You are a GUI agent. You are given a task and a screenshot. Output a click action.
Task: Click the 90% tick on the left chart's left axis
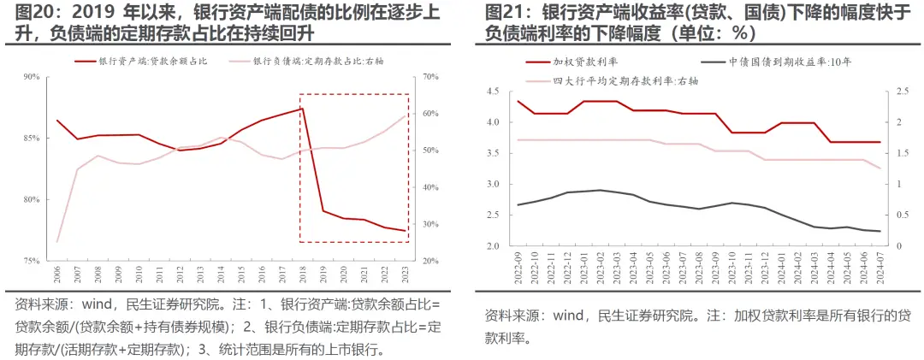pyautogui.click(x=32, y=78)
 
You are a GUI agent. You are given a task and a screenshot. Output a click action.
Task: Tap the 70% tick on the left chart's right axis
pyautogui.click(x=430, y=78)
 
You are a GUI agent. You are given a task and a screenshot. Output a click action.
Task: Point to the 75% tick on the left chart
pyautogui.click(x=32, y=261)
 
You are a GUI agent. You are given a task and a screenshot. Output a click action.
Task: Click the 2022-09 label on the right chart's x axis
pyautogui.click(x=519, y=267)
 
